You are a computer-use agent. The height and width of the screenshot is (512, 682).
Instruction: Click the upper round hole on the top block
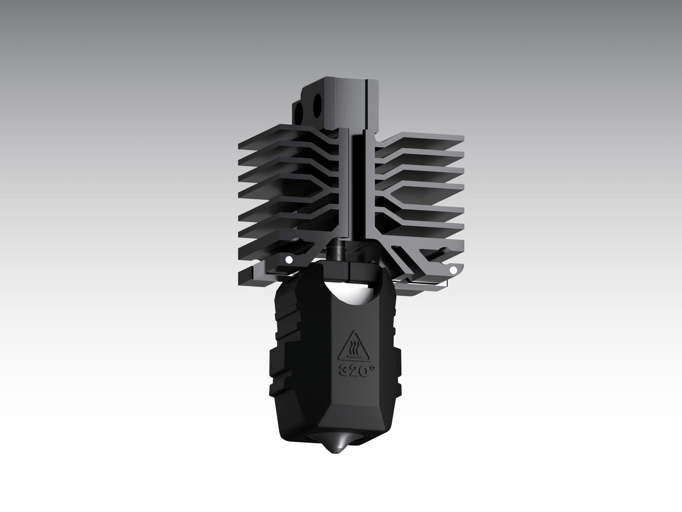point(317,101)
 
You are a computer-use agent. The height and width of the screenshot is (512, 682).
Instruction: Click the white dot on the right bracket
point(453,270)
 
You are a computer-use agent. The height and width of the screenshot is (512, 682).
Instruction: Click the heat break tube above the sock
point(339,250)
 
